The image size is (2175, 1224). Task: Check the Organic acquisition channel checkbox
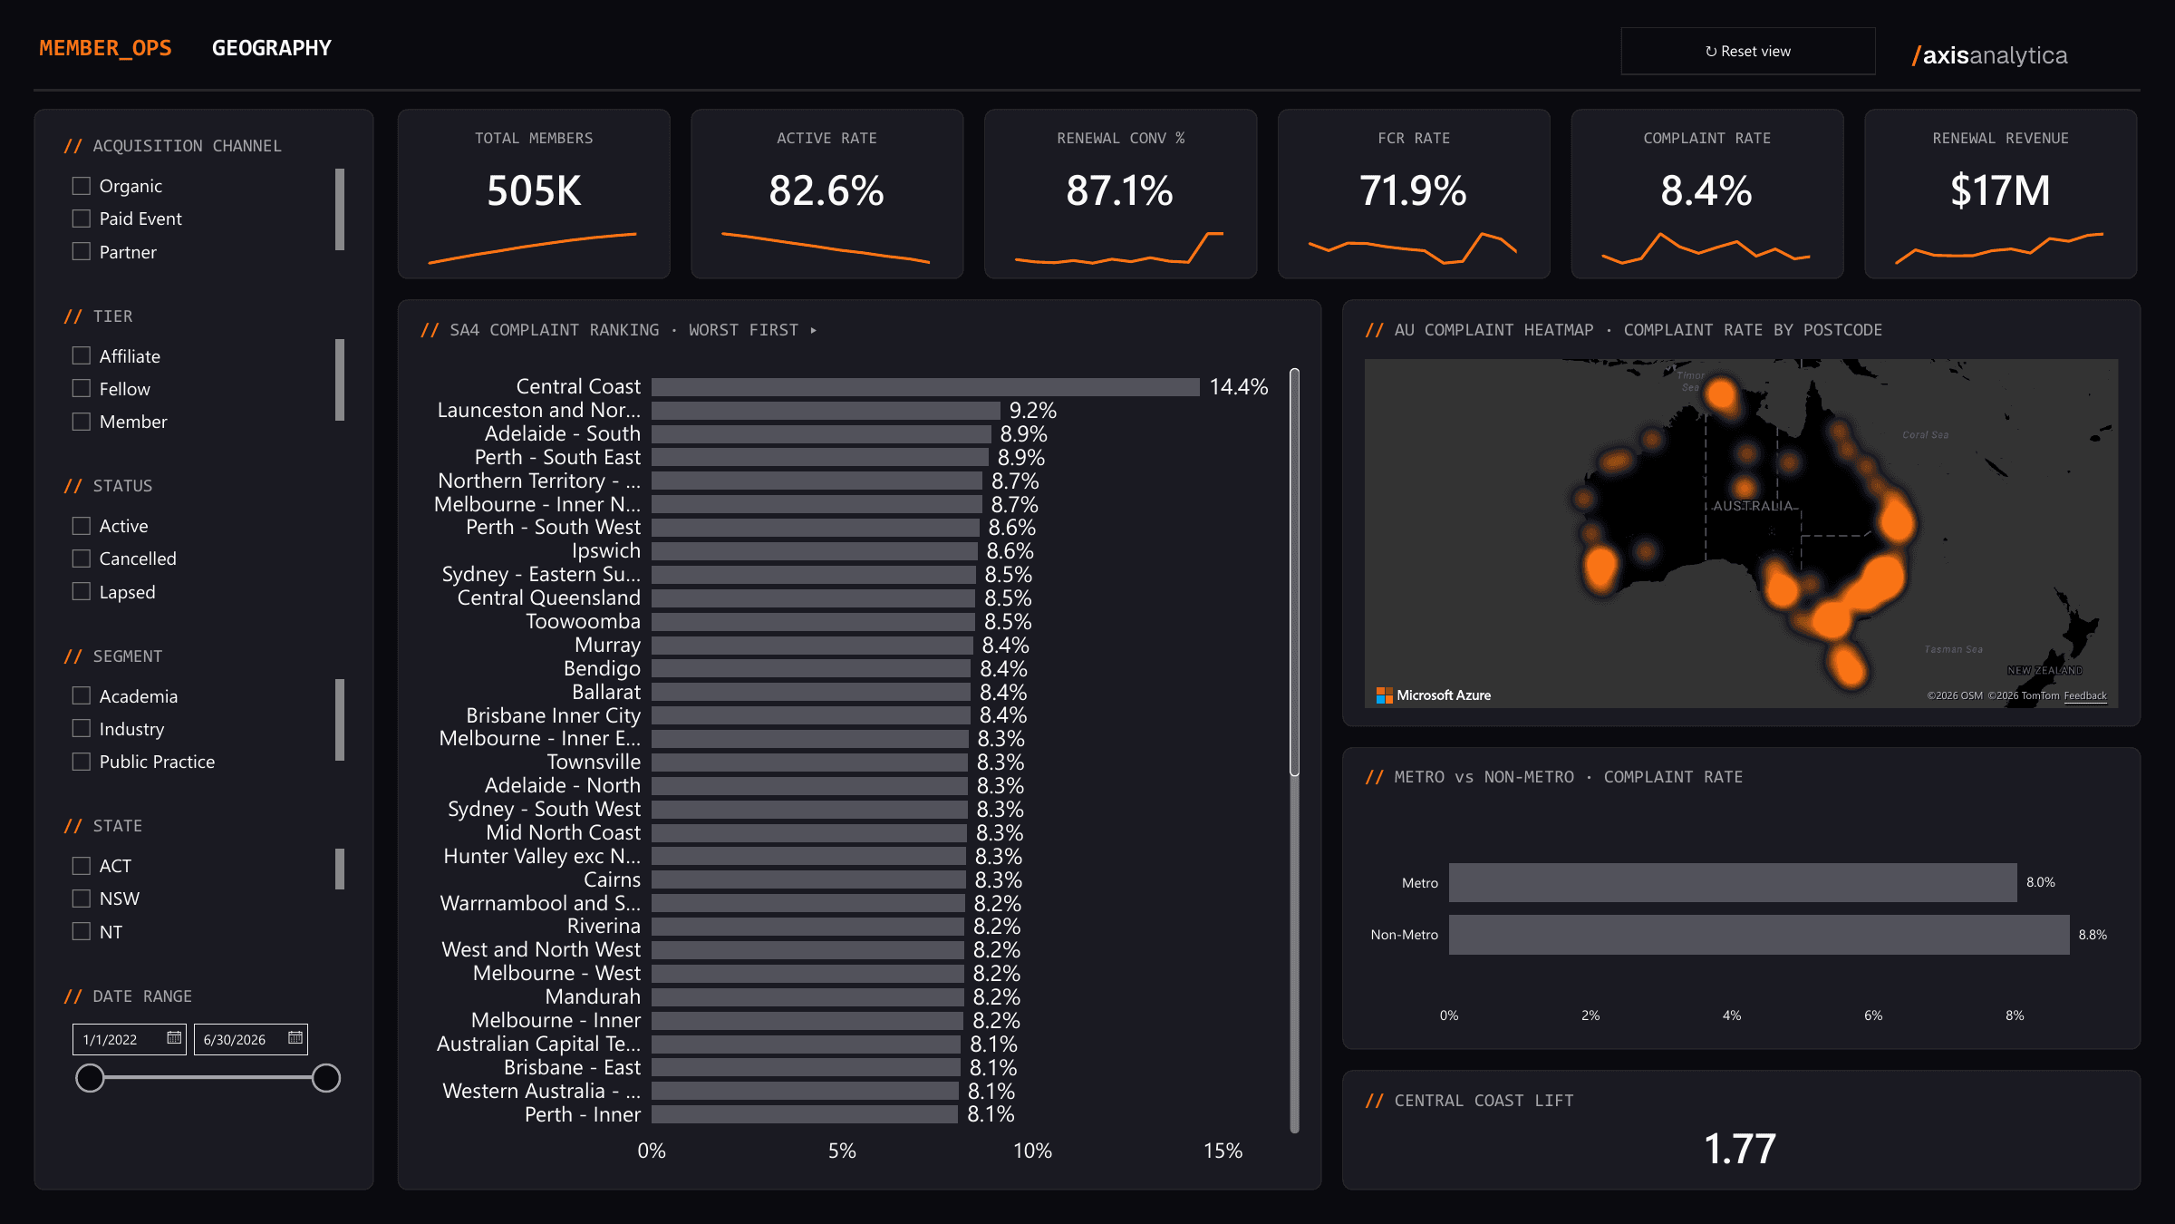[82, 186]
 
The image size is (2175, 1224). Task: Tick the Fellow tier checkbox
[82, 389]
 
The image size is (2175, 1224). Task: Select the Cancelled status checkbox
[82, 559]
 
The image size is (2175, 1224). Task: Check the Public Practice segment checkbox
[82, 762]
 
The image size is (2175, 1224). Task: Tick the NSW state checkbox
[82, 899]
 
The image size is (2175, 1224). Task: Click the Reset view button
[1747, 51]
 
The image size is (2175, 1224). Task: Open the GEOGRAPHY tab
[272, 48]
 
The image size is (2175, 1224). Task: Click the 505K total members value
[534, 190]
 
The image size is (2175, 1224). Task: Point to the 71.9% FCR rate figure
[1413, 190]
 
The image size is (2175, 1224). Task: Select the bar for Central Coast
[925, 387]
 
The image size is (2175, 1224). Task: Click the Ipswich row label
[606, 551]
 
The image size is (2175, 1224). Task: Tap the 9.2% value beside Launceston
[1033, 411]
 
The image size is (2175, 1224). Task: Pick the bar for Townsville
[809, 763]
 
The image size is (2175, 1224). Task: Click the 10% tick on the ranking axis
[1032, 1151]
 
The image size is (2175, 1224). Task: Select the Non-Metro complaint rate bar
[1759, 935]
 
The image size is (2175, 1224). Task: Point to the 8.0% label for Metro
[2041, 882]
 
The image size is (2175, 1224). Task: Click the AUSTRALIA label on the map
[1753, 506]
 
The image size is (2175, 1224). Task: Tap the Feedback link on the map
[2085, 696]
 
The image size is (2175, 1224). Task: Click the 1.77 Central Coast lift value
[1740, 1149]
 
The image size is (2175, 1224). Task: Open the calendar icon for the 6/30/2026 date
[295, 1038]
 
